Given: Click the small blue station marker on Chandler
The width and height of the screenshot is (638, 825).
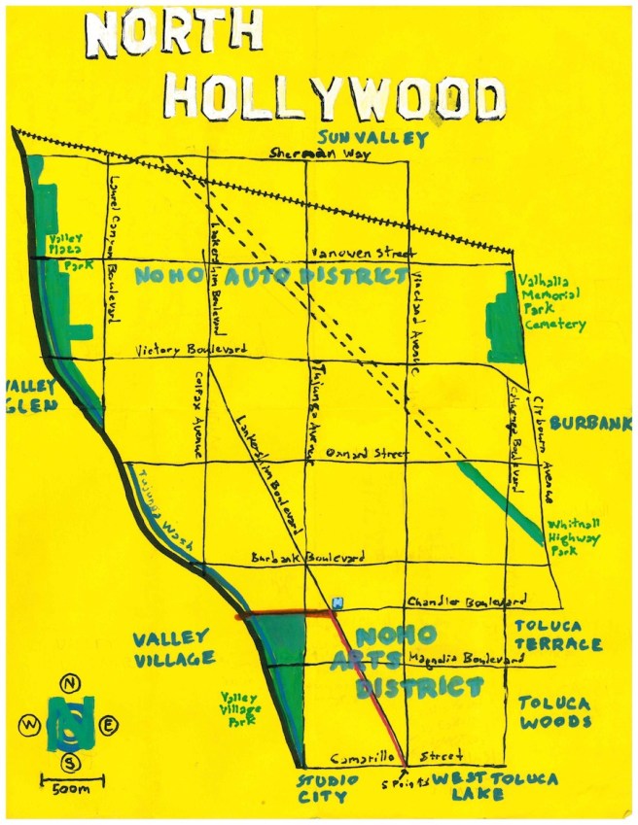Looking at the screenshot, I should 337,603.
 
